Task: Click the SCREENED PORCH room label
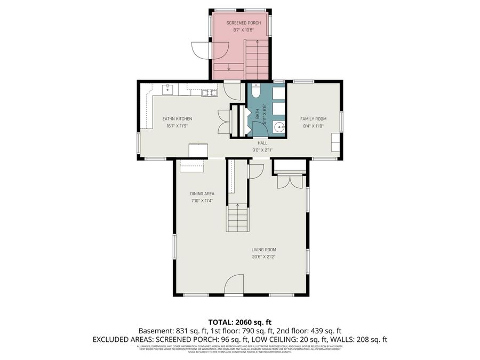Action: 239,23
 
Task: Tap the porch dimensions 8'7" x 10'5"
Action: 239,30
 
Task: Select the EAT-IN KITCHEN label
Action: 177,118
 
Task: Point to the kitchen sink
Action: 167,89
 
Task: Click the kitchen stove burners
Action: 210,92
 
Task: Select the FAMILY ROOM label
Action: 313,118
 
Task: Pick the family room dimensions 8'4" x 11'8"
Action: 313,126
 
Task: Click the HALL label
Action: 262,143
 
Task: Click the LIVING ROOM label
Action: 264,249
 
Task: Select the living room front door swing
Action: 235,284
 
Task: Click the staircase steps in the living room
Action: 237,219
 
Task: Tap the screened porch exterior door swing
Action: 201,51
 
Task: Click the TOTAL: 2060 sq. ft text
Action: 239,322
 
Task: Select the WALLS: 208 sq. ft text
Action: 358,339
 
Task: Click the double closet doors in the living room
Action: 290,181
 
